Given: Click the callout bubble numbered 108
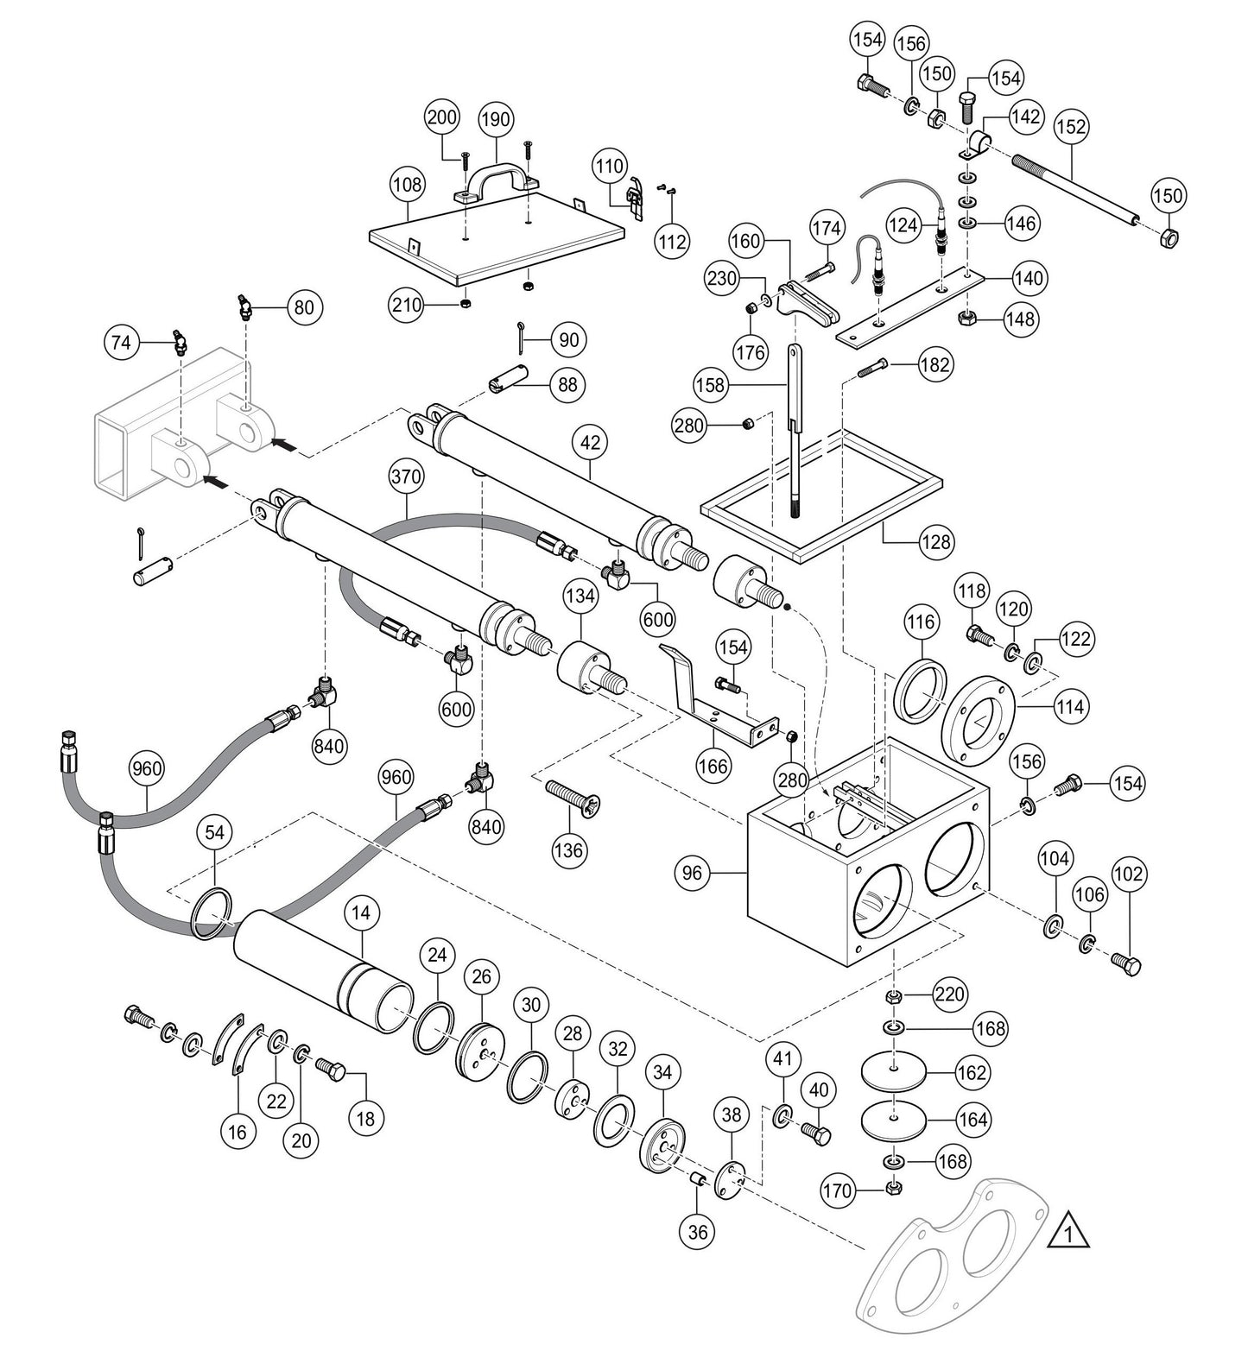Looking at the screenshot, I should tap(408, 184).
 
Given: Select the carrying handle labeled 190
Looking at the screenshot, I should tap(497, 170).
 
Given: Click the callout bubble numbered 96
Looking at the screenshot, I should tap(694, 874).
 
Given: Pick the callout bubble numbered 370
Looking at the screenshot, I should tap(407, 476).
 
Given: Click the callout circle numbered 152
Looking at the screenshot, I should tap(1071, 127).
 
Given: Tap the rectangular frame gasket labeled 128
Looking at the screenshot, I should tap(820, 509).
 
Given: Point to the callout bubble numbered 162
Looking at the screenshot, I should tap(972, 1073).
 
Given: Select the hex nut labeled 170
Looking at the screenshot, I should tap(895, 1190).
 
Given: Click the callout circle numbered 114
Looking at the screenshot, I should tap(1070, 706).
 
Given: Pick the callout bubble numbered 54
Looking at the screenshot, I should tap(215, 832).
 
